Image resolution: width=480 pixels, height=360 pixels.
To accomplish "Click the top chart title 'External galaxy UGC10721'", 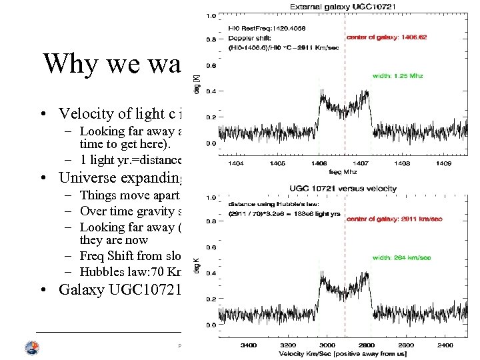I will (343, 7).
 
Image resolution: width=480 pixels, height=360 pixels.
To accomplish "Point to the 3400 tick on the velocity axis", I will (249, 345).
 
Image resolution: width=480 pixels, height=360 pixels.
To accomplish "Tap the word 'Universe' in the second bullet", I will (87, 178).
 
